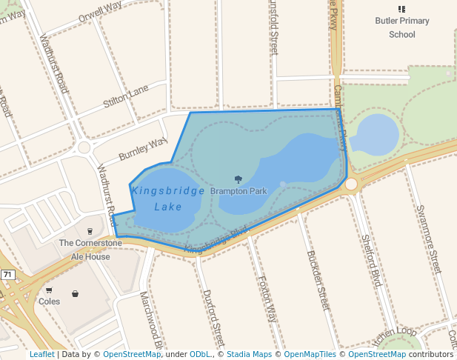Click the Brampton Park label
[x=238, y=191]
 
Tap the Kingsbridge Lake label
[x=168, y=199]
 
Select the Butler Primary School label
[x=402, y=27]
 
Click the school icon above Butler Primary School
[x=402, y=9]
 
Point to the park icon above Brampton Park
[x=238, y=179]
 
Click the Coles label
[x=49, y=301]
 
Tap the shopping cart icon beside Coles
[x=49, y=290]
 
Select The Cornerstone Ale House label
[x=90, y=250]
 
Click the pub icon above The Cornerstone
[x=90, y=231]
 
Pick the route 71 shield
[x=7, y=275]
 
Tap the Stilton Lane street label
[x=126, y=97]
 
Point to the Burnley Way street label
[x=143, y=149]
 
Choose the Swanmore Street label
[x=429, y=239]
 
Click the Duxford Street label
[x=213, y=317]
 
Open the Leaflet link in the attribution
[x=41, y=354]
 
